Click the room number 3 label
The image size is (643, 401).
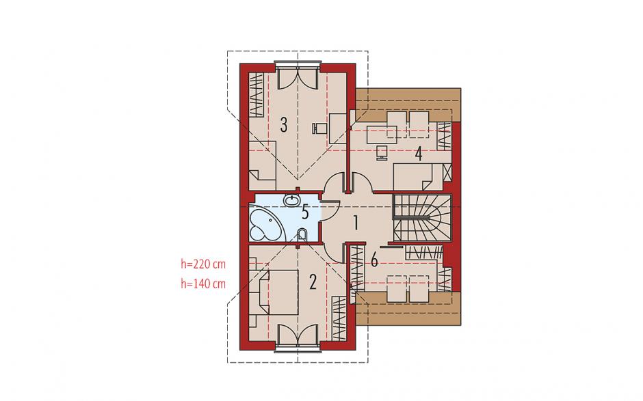coord(283,124)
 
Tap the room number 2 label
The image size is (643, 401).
coord(313,282)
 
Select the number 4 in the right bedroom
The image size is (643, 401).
coord(418,154)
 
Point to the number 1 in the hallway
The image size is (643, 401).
coord(356,223)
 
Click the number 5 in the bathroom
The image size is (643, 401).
coord(305,212)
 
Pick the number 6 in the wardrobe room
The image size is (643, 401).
coord(374,260)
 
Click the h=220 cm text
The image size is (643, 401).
coord(203,264)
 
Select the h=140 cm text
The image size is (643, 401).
coord(203,284)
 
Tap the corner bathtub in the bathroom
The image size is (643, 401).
coord(267,225)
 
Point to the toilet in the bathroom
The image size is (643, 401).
coord(302,235)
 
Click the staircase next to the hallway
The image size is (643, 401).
coord(422,217)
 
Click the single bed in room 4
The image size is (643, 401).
coord(418,176)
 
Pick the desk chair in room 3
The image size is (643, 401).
coord(319,128)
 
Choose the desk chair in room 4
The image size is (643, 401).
coord(382,152)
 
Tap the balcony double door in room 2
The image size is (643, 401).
coord(298,337)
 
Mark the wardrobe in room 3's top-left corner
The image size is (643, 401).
coord(257,94)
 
